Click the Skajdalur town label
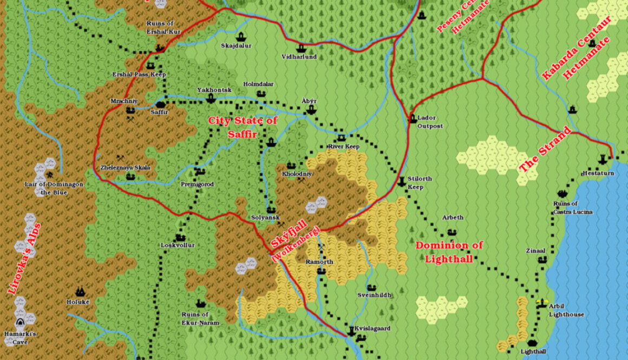tap(236, 46)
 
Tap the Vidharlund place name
tap(299, 57)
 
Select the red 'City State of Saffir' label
tap(243, 127)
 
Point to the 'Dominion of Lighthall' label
tap(449, 252)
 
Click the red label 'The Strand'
tap(545, 149)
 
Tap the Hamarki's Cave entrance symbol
tap(20, 323)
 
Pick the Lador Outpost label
tap(430, 122)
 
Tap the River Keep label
tap(343, 147)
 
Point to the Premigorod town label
tap(197, 185)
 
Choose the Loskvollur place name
tap(178, 245)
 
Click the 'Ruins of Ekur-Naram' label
tap(201, 318)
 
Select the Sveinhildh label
tap(374, 295)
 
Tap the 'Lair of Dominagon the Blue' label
tap(54, 188)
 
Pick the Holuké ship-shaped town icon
tap(80, 291)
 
